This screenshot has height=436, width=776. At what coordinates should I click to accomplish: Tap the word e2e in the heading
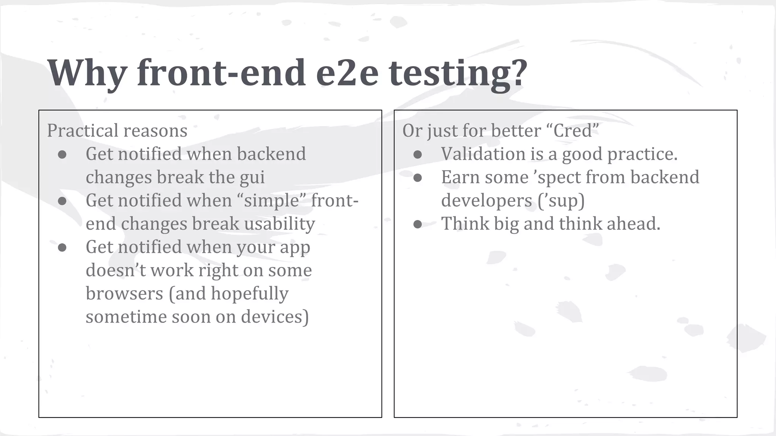[x=347, y=73]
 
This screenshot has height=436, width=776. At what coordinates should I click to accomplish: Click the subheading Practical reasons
[x=117, y=131]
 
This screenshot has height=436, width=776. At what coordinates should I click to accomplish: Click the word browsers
[x=124, y=293]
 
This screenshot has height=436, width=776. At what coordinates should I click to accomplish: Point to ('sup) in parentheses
[x=561, y=201]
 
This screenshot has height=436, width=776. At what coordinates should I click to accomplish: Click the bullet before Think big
[x=418, y=224]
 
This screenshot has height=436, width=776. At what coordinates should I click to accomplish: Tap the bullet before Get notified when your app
[x=62, y=248]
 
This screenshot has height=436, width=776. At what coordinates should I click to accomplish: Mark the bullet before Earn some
[x=418, y=178]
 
